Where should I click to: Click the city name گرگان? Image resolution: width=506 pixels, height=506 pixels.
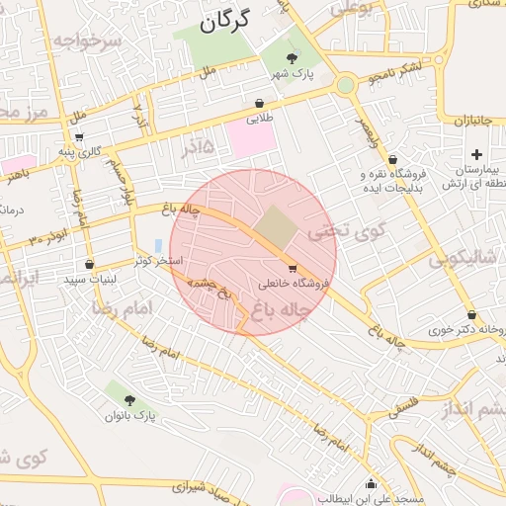pos(226,20)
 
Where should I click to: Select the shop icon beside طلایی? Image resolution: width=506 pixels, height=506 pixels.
pos(259,102)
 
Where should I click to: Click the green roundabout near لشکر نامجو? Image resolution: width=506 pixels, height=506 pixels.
pos(345,85)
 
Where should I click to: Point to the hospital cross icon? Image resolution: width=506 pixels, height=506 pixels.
pos(477,154)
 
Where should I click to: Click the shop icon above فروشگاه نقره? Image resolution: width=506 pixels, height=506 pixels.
pos(393,158)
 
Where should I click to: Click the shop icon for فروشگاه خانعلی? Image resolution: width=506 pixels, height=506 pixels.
pos(292,268)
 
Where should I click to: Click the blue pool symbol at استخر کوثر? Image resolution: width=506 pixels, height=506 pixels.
pos(158,245)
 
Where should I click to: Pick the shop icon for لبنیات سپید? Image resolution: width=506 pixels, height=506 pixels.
pos(90,264)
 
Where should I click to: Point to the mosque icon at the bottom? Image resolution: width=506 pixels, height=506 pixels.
pos(371,483)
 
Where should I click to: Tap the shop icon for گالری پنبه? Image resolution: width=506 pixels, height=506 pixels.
pos(79,136)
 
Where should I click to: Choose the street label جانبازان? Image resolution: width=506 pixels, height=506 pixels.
pos(473,121)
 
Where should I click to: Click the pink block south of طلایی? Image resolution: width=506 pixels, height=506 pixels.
pos(250,137)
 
